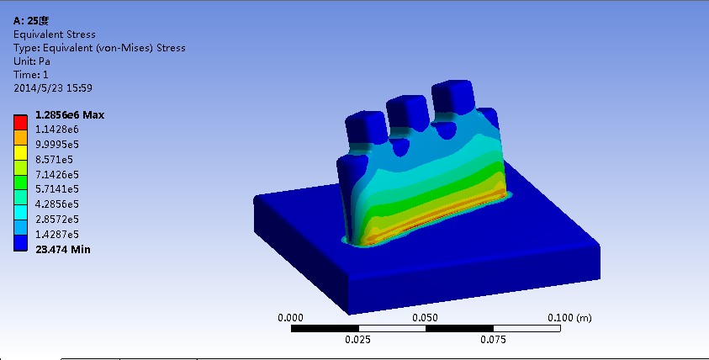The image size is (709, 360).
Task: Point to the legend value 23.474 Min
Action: click(x=65, y=249)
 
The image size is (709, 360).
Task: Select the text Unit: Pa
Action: click(x=32, y=61)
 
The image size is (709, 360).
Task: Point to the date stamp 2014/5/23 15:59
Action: click(x=53, y=87)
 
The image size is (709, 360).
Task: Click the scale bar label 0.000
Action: click(x=290, y=318)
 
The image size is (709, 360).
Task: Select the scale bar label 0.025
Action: click(x=358, y=341)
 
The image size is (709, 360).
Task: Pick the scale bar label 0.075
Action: click(x=493, y=341)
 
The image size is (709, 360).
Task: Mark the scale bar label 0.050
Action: click(x=426, y=318)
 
